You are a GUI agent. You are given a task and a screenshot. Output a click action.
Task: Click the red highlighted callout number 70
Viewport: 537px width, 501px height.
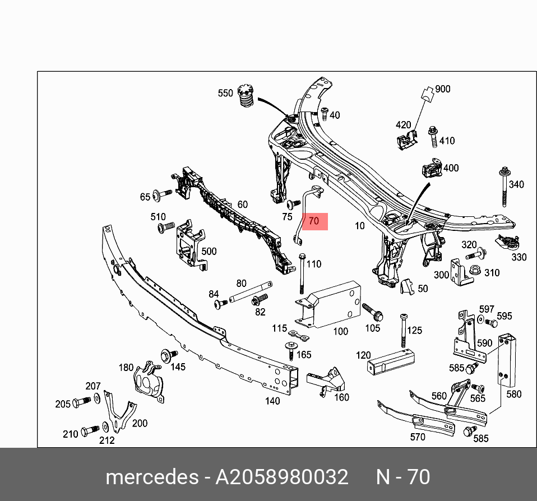point(314,221)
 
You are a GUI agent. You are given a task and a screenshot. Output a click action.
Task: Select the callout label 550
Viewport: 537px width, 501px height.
point(225,93)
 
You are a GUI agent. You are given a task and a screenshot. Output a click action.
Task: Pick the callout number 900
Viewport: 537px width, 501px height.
point(442,89)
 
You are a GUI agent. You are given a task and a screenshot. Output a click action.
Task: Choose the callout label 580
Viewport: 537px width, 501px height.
point(514,394)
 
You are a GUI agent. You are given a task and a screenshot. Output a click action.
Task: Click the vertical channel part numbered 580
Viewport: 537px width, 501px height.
point(506,359)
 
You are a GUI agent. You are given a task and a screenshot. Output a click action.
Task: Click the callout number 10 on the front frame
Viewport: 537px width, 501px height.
point(359,226)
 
